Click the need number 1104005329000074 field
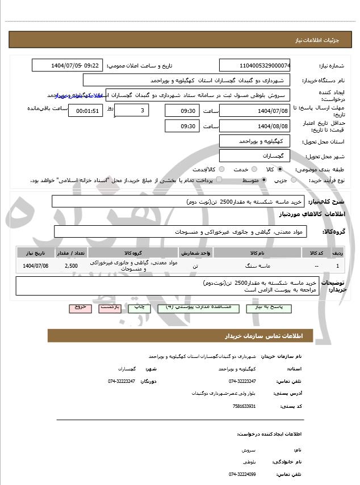(x=255, y=65)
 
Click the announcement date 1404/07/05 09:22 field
(x=67, y=65)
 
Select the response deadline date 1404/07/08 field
(x=255, y=110)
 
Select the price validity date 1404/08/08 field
(x=255, y=126)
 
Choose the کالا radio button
(x=280, y=169)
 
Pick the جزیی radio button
(x=294, y=180)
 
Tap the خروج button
(x=79, y=307)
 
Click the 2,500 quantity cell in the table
(x=72, y=265)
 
